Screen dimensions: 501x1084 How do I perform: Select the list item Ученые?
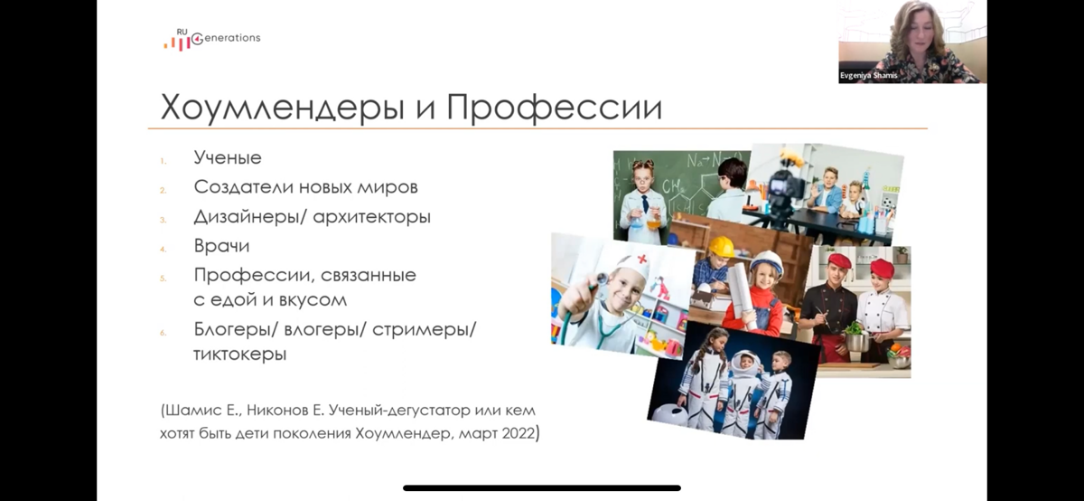tap(228, 157)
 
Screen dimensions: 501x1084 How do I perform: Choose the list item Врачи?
tap(221, 246)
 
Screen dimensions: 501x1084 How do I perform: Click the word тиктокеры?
tap(239, 354)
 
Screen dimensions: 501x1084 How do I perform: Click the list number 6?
tap(164, 332)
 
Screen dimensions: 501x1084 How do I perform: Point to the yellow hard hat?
tap(721, 246)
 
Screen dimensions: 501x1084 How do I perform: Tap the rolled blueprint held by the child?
tap(741, 289)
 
